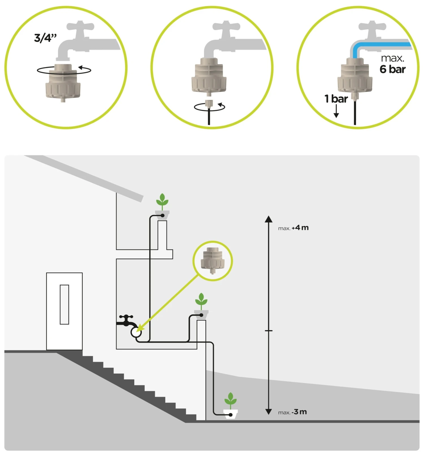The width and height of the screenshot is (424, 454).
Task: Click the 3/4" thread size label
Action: coord(45,38)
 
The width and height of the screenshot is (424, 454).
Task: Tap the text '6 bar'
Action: coord(392,69)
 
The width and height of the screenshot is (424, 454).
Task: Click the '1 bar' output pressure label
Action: coord(336,99)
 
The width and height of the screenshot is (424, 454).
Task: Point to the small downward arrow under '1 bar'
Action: coord(336,112)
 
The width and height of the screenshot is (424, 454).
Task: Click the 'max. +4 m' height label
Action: coord(293,228)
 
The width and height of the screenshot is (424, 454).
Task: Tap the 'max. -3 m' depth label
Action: coord(292,412)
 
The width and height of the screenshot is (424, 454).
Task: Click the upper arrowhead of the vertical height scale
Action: coord(269,219)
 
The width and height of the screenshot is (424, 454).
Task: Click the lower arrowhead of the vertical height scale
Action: coord(269,411)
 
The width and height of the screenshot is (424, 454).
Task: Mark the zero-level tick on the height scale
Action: coord(269,330)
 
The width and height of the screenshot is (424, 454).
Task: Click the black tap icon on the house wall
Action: coord(126,321)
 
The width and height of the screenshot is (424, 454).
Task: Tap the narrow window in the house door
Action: coord(64,304)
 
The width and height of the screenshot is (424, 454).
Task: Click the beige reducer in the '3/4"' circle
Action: coord(63,82)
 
